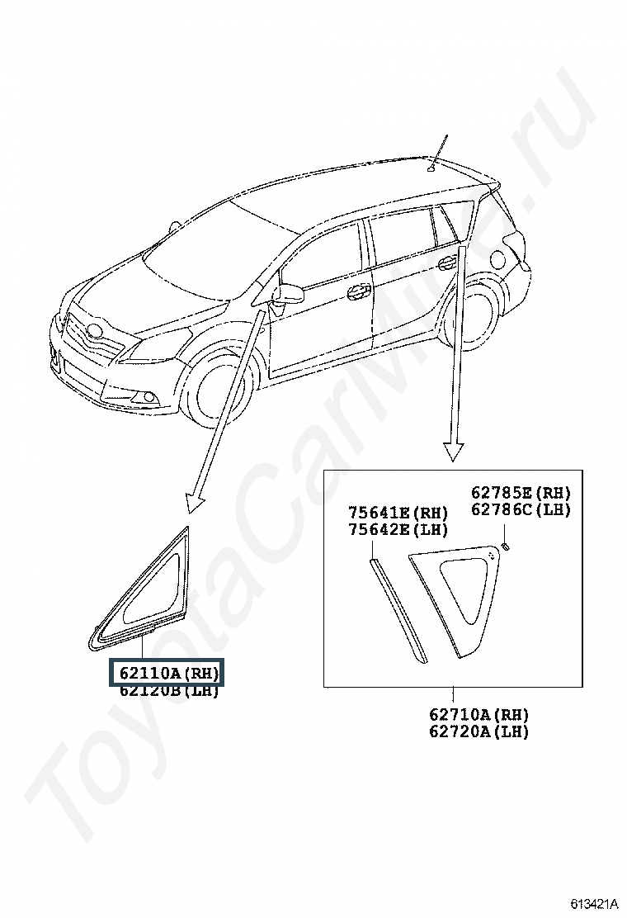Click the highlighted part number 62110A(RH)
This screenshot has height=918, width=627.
pos(168,673)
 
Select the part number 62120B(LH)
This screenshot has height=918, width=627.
pos(168,691)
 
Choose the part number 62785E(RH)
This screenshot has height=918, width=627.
pos(521,493)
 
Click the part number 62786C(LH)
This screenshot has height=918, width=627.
pos(521,509)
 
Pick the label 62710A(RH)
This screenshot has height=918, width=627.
pos(478,715)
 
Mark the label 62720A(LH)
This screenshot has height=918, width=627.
pos(478,731)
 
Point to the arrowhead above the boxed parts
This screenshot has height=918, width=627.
pos(453,452)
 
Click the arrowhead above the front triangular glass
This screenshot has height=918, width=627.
pos(196,500)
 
